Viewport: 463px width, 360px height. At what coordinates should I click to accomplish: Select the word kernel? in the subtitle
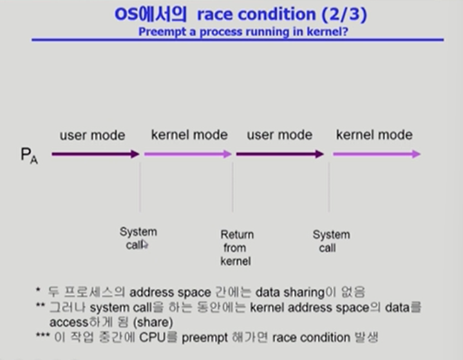click(x=328, y=30)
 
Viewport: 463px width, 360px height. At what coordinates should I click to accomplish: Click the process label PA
click(x=29, y=155)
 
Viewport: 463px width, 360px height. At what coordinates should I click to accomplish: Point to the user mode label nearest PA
click(x=92, y=135)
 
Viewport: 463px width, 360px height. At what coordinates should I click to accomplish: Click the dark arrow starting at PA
click(x=95, y=154)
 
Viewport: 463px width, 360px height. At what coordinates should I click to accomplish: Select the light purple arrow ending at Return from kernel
click(x=187, y=154)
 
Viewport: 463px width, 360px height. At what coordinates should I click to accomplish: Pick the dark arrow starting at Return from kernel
click(x=279, y=154)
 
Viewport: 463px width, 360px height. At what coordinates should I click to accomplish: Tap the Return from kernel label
click(x=237, y=248)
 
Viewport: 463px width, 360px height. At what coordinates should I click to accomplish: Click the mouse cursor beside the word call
click(x=145, y=244)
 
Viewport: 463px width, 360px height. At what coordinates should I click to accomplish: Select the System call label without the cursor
click(x=331, y=241)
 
